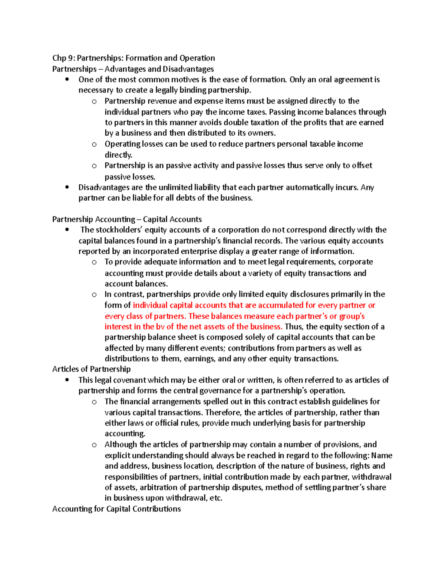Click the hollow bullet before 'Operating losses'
(x=94, y=144)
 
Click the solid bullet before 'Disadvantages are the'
(x=67, y=187)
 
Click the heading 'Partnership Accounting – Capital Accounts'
(x=127, y=219)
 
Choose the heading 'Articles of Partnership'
(x=91, y=369)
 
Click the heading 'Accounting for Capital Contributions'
(x=116, y=509)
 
